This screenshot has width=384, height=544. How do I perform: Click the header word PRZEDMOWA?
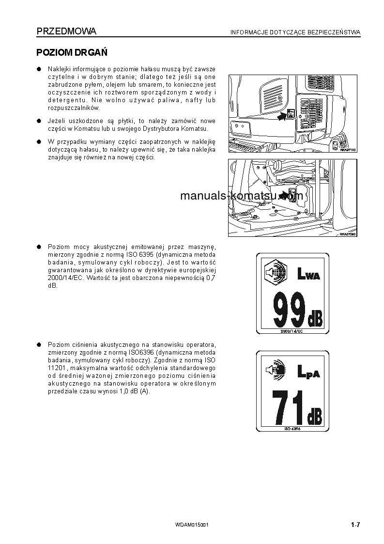[x=66, y=31]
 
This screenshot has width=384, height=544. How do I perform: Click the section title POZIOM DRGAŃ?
[x=72, y=52]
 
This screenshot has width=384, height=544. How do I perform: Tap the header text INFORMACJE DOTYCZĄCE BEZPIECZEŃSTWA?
[x=295, y=32]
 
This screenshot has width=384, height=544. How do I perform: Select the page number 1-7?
[x=356, y=525]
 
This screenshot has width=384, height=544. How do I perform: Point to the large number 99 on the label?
[x=289, y=310]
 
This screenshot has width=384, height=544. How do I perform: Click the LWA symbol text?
[x=308, y=276]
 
